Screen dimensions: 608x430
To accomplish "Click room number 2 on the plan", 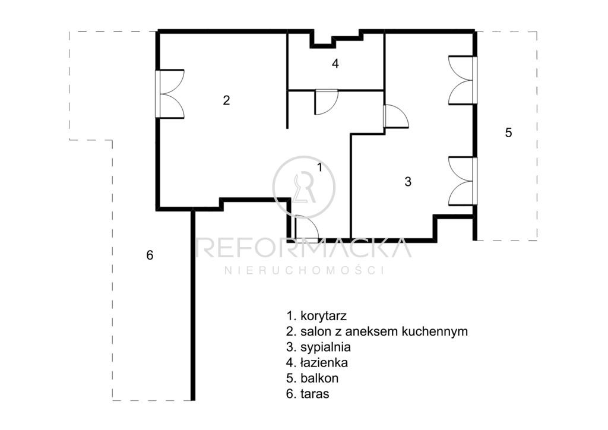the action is [226, 100].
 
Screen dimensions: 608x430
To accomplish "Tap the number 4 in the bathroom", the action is [335, 64].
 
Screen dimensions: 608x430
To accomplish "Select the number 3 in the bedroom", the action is [407, 182].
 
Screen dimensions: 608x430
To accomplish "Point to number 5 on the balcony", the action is [508, 132].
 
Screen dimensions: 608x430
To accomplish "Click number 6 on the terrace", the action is [150, 255].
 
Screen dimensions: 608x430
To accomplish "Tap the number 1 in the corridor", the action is [319, 167].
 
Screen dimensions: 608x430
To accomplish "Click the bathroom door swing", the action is [327, 102].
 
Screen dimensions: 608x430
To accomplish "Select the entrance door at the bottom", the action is [306, 229].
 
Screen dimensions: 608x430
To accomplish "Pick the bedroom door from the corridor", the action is [395, 116].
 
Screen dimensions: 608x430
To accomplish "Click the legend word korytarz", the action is [324, 317].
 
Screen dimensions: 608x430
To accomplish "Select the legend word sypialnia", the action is [326, 347].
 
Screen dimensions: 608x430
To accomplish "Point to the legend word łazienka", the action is [324, 362].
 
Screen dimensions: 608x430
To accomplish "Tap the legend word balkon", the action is [319, 378].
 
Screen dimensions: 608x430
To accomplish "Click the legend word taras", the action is [315, 394].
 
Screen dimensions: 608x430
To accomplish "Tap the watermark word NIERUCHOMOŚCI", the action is [305, 270].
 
